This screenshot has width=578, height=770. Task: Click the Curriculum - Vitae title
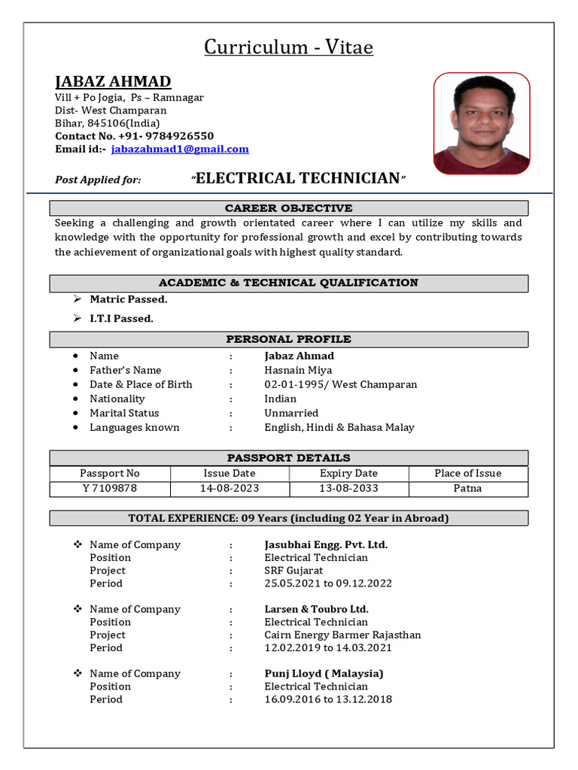pyautogui.click(x=289, y=47)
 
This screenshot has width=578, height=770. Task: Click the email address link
pyautogui.click(x=179, y=149)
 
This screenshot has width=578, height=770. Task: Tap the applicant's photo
pyautogui.click(x=482, y=123)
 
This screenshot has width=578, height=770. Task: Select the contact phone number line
pyautogui.click(x=134, y=136)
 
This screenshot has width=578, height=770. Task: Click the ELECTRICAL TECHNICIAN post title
pyautogui.click(x=298, y=178)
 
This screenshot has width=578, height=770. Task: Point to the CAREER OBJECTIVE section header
pyautogui.click(x=289, y=208)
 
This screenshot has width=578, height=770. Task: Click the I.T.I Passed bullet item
pyautogui.click(x=121, y=318)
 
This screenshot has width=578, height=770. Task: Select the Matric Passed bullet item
pyautogui.click(x=128, y=299)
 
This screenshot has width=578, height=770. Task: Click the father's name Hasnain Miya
pyautogui.click(x=298, y=370)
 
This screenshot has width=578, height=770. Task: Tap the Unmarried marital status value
pyautogui.click(x=291, y=413)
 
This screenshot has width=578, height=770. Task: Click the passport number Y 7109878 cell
pyautogui.click(x=110, y=488)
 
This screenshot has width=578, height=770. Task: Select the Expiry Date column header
pyautogui.click(x=348, y=473)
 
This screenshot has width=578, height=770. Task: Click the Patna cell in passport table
pyautogui.click(x=467, y=488)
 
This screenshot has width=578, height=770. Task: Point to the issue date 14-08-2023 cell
pyautogui.click(x=230, y=488)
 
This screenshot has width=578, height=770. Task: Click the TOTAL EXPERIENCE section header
pyautogui.click(x=289, y=518)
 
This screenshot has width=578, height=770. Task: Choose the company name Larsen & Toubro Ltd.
pyautogui.click(x=316, y=609)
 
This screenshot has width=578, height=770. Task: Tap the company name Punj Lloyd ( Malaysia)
pyautogui.click(x=324, y=674)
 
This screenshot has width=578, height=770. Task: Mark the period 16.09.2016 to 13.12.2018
pyautogui.click(x=327, y=699)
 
